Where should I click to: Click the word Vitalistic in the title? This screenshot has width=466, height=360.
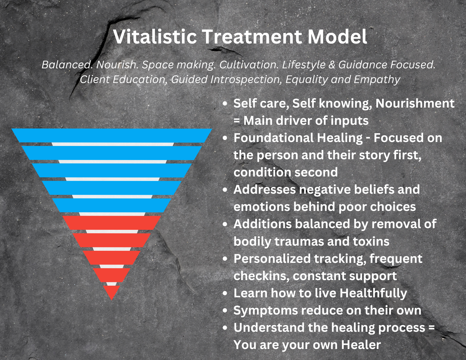click(x=155, y=37)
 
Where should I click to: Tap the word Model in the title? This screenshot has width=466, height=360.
click(x=337, y=37)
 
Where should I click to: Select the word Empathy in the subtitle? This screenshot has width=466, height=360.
click(x=377, y=79)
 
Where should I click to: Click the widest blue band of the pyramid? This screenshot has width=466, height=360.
click(x=112, y=136)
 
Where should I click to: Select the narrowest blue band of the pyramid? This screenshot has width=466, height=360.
click(x=112, y=205)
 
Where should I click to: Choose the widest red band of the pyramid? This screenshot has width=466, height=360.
click(x=112, y=223)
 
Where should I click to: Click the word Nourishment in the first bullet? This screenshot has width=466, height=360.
click(x=415, y=103)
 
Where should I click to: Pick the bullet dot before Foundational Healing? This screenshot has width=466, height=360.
click(x=225, y=138)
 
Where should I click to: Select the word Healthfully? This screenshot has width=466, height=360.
click(x=373, y=293)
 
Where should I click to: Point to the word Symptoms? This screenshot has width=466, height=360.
click(x=265, y=310)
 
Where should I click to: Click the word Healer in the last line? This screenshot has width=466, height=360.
click(x=361, y=345)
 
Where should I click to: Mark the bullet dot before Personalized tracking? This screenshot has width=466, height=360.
click(x=225, y=259)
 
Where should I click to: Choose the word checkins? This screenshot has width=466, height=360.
click(x=261, y=276)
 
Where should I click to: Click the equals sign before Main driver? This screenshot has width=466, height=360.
click(x=237, y=121)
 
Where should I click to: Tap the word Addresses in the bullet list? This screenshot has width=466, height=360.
click(x=264, y=189)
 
